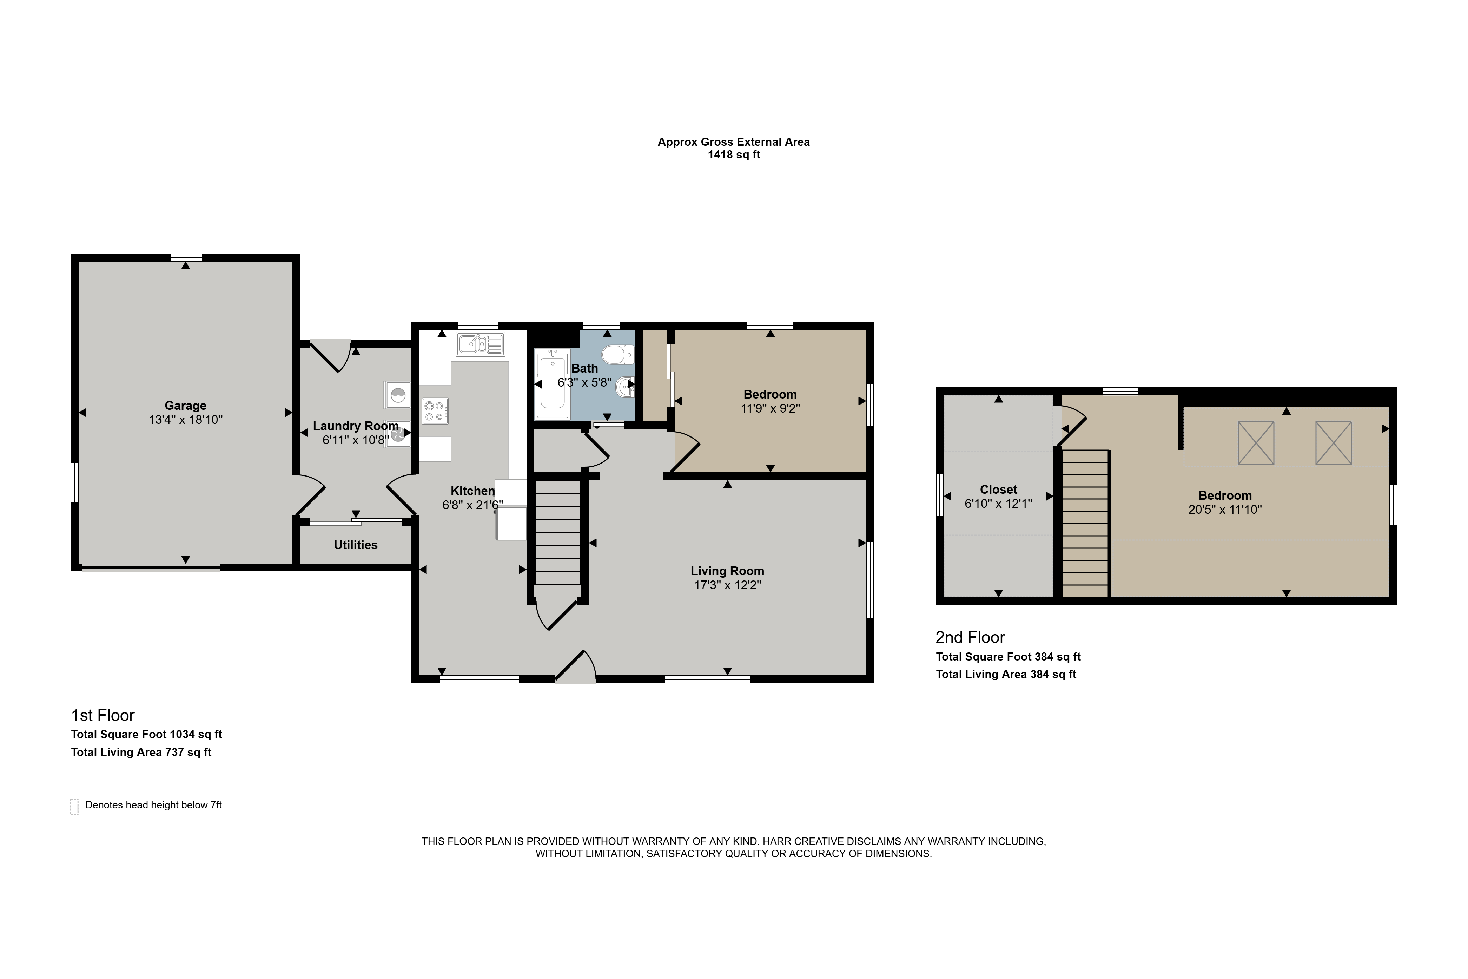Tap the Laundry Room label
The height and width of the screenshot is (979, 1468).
point(355,426)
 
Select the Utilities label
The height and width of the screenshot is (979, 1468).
point(355,545)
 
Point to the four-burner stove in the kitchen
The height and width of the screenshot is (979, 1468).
point(435,411)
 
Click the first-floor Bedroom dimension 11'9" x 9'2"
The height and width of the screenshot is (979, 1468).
point(770,408)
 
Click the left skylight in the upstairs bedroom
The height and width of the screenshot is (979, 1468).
point(1256,443)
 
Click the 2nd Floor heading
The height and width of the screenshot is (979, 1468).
point(970,637)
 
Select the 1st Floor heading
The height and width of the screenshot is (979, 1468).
point(103,715)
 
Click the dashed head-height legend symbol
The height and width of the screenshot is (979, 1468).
point(74,807)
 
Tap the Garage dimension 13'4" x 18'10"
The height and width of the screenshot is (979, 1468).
point(185,420)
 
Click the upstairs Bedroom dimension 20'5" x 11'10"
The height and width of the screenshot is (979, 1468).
point(1225,510)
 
